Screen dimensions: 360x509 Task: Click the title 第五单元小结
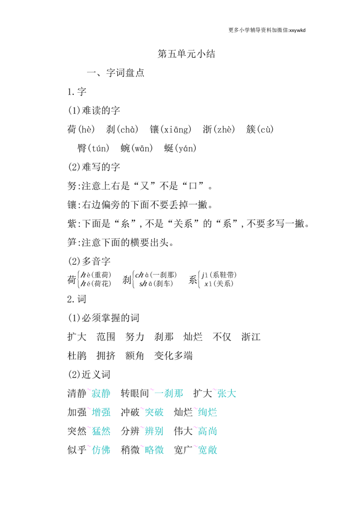[186, 54]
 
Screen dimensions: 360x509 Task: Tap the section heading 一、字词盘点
[116, 72]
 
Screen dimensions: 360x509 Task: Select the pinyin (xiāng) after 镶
[176, 129]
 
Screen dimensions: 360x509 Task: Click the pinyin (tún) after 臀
[98, 148]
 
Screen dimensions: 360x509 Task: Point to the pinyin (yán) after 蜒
[185, 148]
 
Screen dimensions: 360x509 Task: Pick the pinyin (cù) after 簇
[265, 129]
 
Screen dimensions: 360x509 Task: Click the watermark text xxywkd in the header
[297, 30]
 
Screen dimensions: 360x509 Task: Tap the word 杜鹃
[77, 356]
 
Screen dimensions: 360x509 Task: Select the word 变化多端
[174, 356]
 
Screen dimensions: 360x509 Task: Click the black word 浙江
[251, 337]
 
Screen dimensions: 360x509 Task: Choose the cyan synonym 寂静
[101, 393]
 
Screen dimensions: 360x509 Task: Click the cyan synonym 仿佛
[101, 450]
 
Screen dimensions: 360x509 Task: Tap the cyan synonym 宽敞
[207, 450]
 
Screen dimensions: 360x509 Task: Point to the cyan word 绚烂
[207, 412]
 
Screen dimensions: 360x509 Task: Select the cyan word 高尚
[207, 431]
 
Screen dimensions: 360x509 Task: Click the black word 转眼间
[135, 393]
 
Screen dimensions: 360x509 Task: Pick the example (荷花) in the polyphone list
[102, 284]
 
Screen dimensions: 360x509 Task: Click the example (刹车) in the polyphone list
[164, 284]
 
